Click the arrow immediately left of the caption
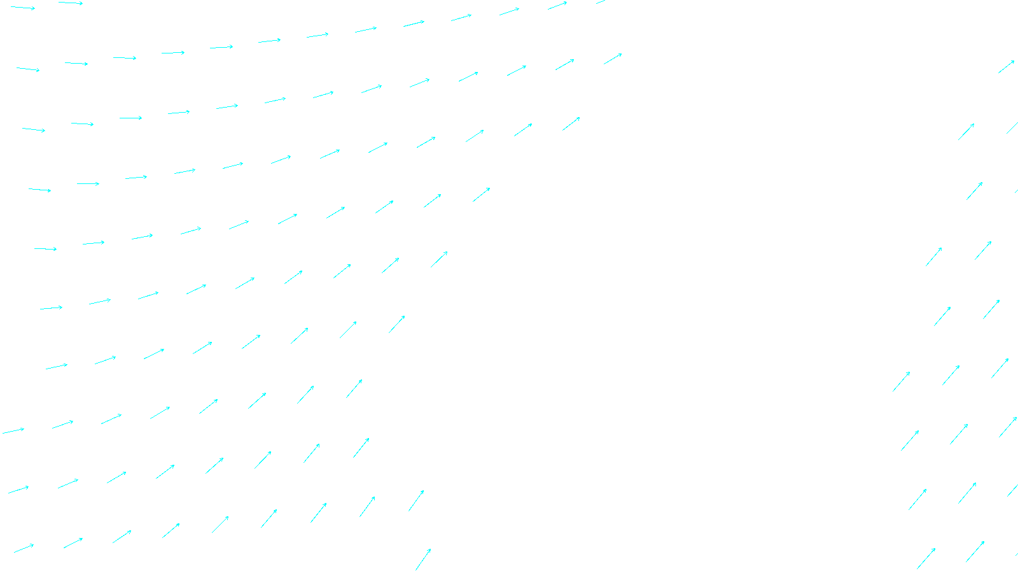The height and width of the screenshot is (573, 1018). (x=423, y=560)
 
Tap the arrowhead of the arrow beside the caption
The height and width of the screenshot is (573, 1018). (x=430, y=549)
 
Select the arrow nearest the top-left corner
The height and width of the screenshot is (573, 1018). (x=23, y=8)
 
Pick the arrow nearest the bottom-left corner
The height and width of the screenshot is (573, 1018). (x=24, y=548)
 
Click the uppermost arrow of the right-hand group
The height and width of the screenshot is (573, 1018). (x=1006, y=67)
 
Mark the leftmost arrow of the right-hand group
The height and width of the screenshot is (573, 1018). (x=901, y=381)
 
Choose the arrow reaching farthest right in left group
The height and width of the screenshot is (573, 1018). (x=613, y=59)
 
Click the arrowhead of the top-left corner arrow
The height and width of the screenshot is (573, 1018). (x=34, y=9)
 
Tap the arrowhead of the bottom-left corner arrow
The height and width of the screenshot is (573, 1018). (x=33, y=544)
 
